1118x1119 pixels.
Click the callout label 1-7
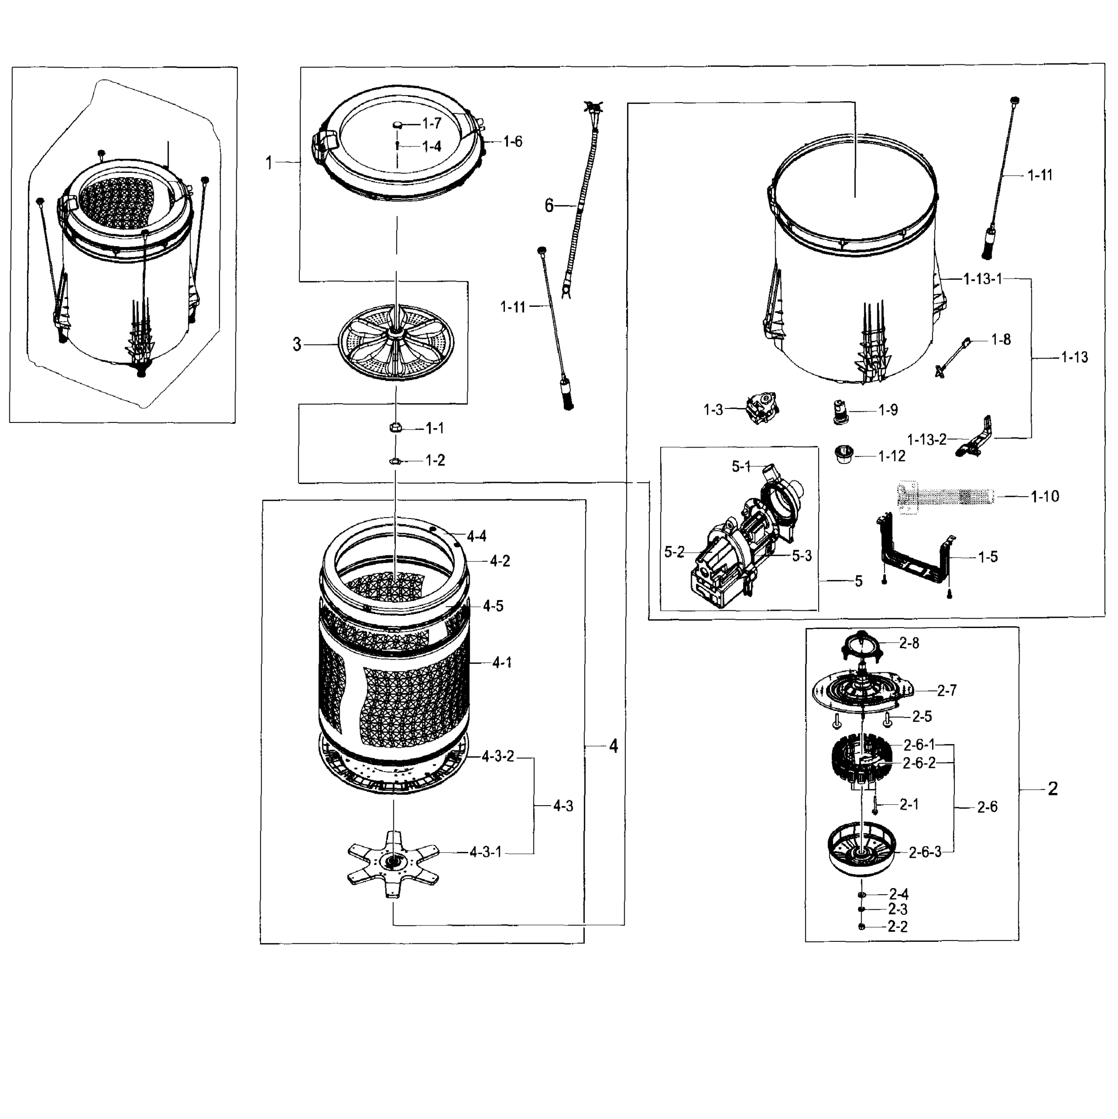(432, 124)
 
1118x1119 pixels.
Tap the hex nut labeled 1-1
(395, 428)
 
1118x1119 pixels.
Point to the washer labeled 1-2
(395, 461)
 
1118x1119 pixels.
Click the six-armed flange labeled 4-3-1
(393, 863)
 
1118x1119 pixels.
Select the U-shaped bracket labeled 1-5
(914, 556)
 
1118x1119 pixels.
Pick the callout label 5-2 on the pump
(674, 553)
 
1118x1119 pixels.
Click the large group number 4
(614, 746)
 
